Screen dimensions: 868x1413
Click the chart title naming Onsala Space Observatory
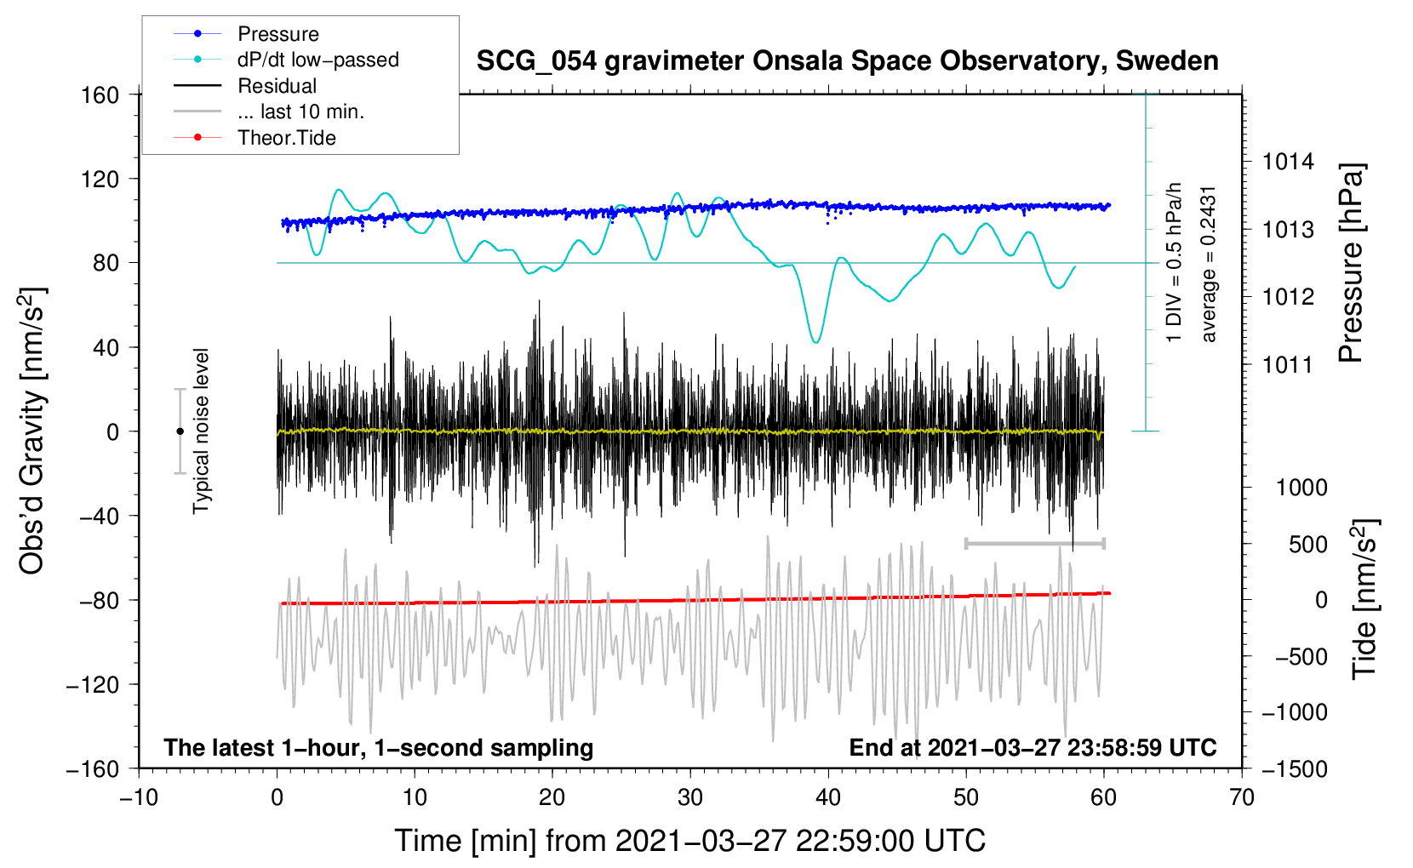click(x=847, y=61)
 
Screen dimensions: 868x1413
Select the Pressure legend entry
click(x=277, y=34)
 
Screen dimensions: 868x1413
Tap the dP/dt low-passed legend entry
click(x=317, y=60)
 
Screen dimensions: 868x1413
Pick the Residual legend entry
click(x=277, y=86)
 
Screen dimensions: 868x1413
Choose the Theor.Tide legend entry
click(x=286, y=138)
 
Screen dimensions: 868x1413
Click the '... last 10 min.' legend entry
click(x=300, y=111)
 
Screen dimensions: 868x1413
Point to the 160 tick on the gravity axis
click(x=100, y=94)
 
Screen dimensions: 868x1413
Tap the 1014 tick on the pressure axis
click(x=1288, y=162)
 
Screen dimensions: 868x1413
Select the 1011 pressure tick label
click(x=1288, y=365)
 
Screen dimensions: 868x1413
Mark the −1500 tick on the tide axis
click(x=1294, y=768)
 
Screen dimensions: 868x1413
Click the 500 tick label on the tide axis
click(x=1307, y=544)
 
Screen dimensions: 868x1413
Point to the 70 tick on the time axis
click(x=1242, y=797)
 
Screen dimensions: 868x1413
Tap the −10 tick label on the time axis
click(x=139, y=797)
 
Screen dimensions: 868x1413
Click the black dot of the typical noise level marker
click(x=180, y=431)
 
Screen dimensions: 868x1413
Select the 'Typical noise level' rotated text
click(x=201, y=431)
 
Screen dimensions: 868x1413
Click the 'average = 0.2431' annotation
click(x=1209, y=264)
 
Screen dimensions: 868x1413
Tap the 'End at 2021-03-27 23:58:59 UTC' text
click(x=1033, y=747)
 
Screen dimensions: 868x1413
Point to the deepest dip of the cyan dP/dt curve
click(x=816, y=342)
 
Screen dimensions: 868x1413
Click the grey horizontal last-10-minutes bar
click(x=1034, y=543)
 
